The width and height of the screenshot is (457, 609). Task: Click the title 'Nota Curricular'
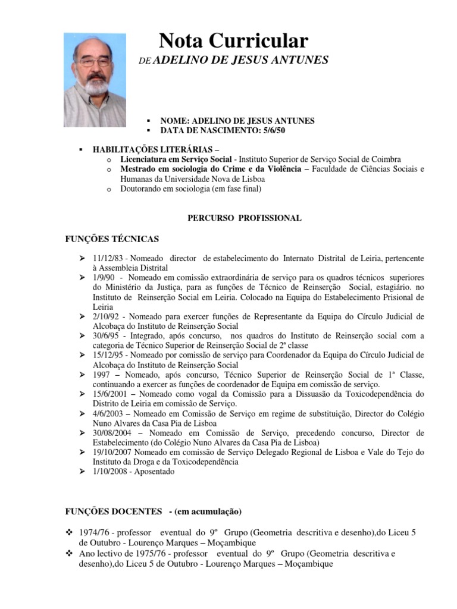[233, 40]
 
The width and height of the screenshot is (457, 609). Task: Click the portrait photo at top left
[95, 80]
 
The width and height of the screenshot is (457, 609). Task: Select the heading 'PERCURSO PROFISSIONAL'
[245, 218]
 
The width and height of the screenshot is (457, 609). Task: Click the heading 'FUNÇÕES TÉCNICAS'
[112, 239]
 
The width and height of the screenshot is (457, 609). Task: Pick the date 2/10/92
[105, 316]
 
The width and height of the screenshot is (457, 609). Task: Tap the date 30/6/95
[105, 335]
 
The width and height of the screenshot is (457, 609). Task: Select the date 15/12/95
[107, 355]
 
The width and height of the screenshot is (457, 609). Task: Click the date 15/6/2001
[109, 394]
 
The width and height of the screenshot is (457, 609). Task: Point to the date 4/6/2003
[107, 413]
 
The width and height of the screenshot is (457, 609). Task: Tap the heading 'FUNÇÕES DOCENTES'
[114, 511]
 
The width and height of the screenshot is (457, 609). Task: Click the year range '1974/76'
[92, 533]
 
